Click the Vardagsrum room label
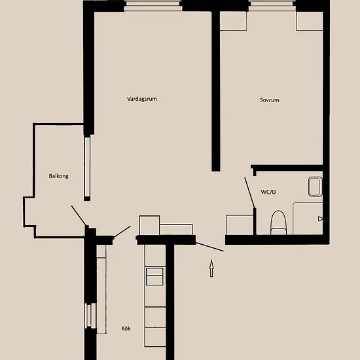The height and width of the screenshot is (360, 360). [x=142, y=99]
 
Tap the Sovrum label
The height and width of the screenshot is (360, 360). [x=270, y=100]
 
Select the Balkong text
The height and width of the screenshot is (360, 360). [x=58, y=176]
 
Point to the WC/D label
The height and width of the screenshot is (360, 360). [x=268, y=192]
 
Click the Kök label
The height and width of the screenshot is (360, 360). [x=126, y=329]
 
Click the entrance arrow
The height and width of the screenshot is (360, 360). [x=211, y=268]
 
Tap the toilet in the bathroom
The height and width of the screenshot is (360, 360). [x=278, y=223]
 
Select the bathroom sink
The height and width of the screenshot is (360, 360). [x=315, y=187]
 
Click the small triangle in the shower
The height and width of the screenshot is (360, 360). [x=320, y=219]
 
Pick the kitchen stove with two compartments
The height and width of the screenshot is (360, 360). [x=154, y=276]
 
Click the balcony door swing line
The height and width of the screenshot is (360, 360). [x=79, y=215]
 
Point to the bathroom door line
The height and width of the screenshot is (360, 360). [x=249, y=192]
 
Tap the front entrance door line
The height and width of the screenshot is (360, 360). [x=209, y=247]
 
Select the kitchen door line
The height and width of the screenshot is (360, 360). [x=122, y=232]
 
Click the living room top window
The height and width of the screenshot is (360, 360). [x=153, y=6]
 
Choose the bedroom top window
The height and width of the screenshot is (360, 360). [x=272, y=6]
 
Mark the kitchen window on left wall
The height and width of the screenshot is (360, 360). [x=90, y=315]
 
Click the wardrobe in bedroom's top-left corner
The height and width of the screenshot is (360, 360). [x=233, y=21]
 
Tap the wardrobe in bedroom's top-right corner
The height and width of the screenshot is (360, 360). [x=310, y=21]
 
